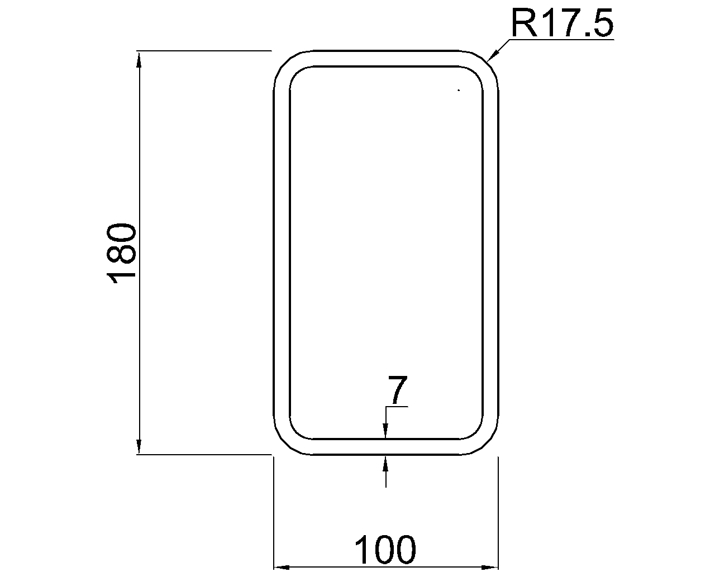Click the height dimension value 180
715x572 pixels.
coord(121,253)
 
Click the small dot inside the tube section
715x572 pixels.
coord(459,90)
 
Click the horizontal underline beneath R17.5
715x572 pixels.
coord(561,40)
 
